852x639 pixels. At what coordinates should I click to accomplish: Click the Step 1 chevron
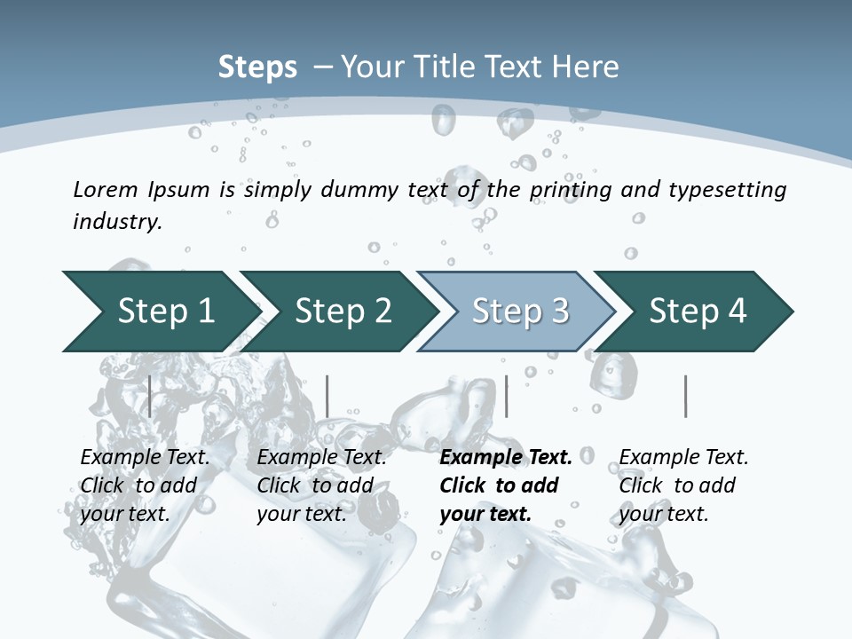(160, 312)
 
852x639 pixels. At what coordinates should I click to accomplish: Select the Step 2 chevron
(342, 312)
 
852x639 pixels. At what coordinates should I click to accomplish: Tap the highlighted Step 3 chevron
(519, 312)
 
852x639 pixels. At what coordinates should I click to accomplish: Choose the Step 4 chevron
(697, 312)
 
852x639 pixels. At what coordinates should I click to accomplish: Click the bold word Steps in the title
(257, 67)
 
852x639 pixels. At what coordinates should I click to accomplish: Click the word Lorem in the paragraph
(105, 189)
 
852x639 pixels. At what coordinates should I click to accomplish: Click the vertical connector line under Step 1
(150, 396)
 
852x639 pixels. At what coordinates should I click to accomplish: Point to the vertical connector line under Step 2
(327, 396)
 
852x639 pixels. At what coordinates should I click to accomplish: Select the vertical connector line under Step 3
(507, 396)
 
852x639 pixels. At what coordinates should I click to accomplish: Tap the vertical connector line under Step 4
(686, 396)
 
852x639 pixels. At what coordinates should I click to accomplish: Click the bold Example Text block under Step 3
(504, 485)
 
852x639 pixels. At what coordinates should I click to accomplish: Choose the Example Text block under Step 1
(144, 485)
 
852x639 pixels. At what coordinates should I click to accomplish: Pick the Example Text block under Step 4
(682, 485)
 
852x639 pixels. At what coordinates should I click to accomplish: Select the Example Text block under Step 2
(320, 485)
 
